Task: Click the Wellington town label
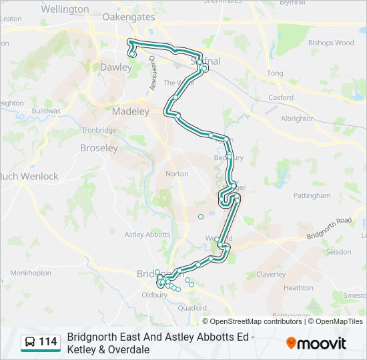tap(65, 9)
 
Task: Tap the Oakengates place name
tap(129, 17)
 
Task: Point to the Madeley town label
tap(130, 111)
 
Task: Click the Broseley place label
tap(99, 147)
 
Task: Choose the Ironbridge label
tap(99, 130)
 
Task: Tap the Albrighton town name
tap(298, 119)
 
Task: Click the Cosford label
tap(281, 97)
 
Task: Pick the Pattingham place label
tap(312, 196)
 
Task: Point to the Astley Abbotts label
tap(147, 235)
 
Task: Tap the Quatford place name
tap(192, 308)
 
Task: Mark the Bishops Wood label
tap(331, 43)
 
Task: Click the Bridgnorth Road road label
tap(329, 228)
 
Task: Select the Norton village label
tap(177, 173)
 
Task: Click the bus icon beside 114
tap(31, 343)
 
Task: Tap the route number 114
tap(48, 343)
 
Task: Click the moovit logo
tap(316, 343)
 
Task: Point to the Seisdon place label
tap(338, 252)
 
